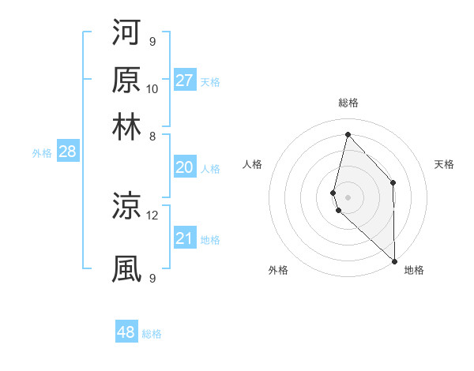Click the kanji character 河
tap(126, 33)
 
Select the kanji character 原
tap(126, 81)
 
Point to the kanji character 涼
tap(126, 207)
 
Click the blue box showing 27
tap(185, 81)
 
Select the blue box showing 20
tap(185, 167)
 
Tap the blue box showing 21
tap(185, 238)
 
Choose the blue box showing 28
tap(67, 152)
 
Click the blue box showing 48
tap(126, 332)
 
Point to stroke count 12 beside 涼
tap(152, 215)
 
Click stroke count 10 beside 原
tap(152, 88)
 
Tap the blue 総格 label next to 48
tap(152, 334)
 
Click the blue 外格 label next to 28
tap(42, 153)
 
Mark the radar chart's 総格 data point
tap(348, 133)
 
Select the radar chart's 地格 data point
tap(394, 260)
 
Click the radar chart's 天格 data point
tap(393, 182)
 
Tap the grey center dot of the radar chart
tap(348, 197)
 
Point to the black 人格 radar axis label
tap(253, 164)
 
